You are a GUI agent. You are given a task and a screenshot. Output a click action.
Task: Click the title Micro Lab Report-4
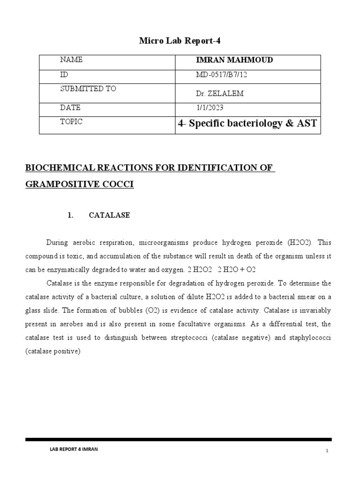tap(180, 41)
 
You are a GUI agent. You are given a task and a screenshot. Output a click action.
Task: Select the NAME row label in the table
tap(71, 60)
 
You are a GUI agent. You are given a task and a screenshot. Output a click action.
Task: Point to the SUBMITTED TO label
tap(88, 89)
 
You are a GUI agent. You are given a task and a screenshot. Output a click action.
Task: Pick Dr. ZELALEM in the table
tap(219, 94)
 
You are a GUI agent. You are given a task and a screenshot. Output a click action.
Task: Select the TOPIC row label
tap(72, 121)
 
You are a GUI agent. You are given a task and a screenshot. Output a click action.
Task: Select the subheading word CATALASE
tap(109, 216)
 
